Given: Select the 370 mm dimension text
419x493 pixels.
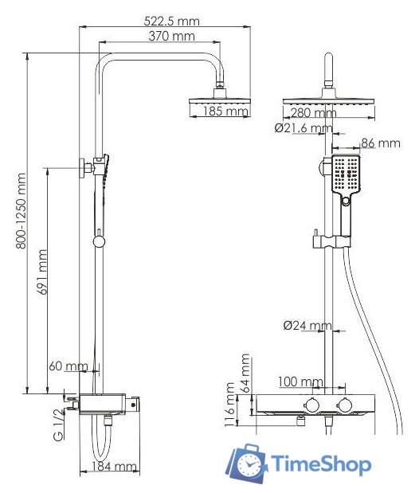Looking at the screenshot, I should pyautogui.click(x=171, y=37).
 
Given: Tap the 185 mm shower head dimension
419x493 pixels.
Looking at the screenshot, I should pyautogui.click(x=225, y=112).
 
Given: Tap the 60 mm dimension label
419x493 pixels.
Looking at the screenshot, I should pyautogui.click(x=68, y=366).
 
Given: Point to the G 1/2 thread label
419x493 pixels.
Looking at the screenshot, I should pyautogui.click(x=57, y=425).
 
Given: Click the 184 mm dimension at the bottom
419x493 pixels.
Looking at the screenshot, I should pyautogui.click(x=114, y=466).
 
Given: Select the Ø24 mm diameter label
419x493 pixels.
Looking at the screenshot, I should pyautogui.click(x=307, y=325).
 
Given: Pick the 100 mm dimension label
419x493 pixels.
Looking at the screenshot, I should pyautogui.click(x=301, y=383).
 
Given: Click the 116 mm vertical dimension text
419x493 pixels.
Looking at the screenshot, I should pyautogui.click(x=229, y=405).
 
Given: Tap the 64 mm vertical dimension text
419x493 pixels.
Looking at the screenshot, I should pyautogui.click(x=246, y=370).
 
